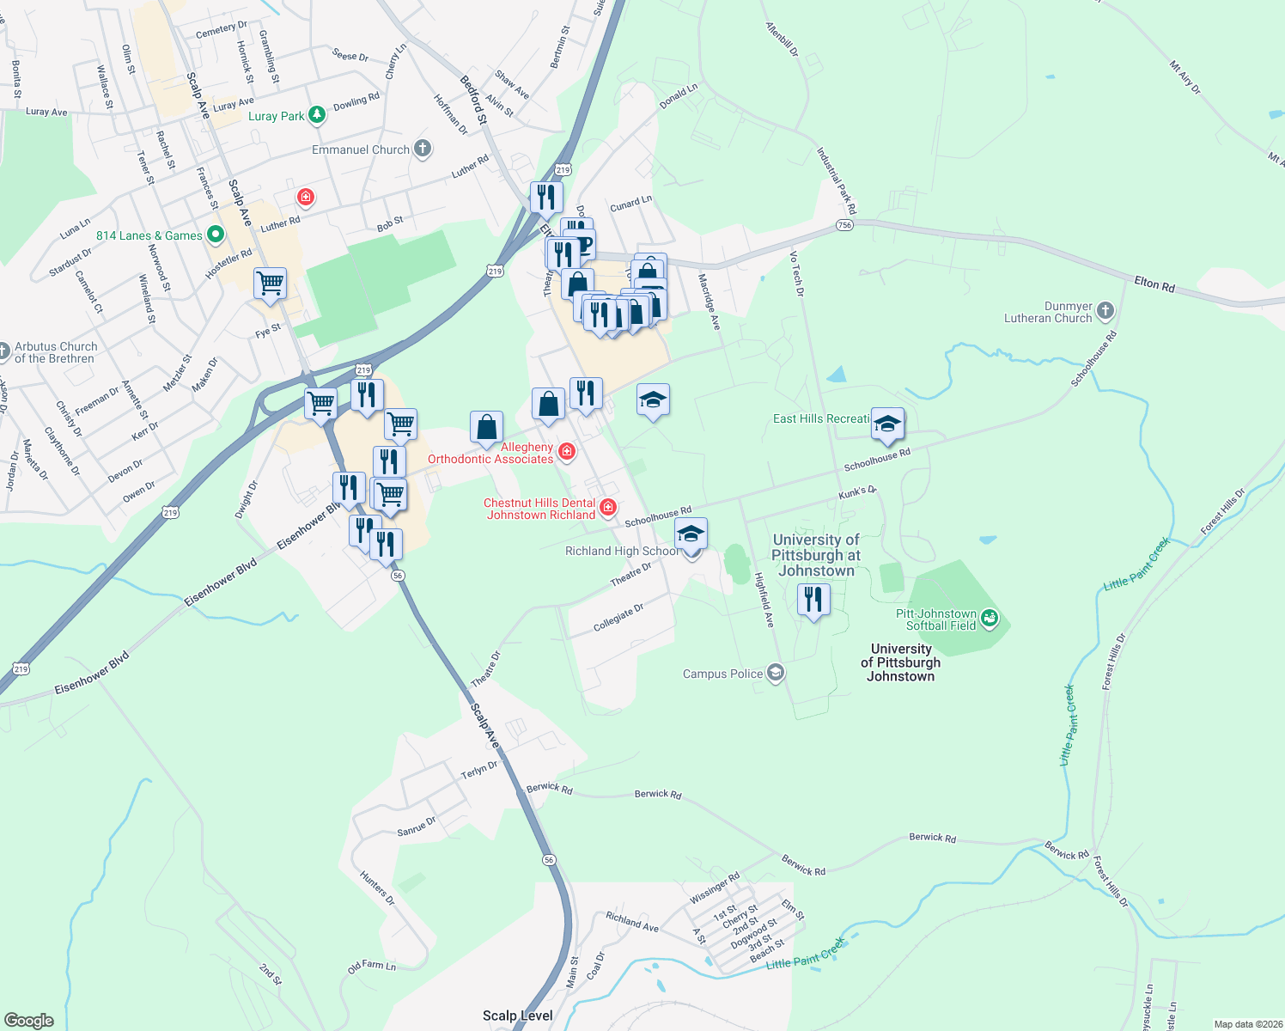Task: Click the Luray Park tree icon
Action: click(318, 114)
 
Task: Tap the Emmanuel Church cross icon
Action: click(423, 149)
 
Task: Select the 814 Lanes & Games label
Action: click(149, 235)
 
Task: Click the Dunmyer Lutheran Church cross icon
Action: click(1105, 310)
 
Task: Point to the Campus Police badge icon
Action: click(776, 673)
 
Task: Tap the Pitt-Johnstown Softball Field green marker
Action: click(990, 617)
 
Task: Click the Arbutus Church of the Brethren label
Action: click(55, 352)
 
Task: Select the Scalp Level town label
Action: click(517, 1016)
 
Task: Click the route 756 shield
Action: click(844, 225)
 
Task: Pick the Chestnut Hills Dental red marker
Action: click(608, 507)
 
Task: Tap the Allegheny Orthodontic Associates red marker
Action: click(567, 451)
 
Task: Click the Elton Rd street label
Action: click(1154, 284)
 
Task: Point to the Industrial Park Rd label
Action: click(836, 181)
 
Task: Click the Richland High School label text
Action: click(621, 551)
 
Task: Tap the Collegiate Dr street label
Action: click(618, 618)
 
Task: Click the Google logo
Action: click(29, 1020)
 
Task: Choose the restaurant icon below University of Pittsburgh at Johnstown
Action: click(813, 598)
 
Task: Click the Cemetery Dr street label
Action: click(221, 30)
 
